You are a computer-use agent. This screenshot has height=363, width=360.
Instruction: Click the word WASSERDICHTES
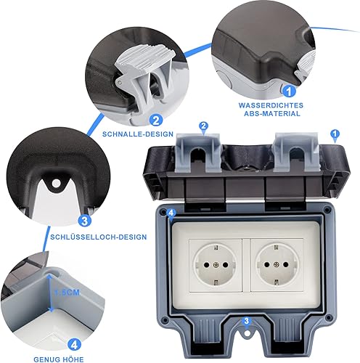(x=271, y=105)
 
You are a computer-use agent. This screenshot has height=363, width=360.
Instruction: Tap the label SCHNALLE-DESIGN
(x=138, y=134)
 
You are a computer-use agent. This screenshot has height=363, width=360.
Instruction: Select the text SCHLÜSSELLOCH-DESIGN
(x=99, y=237)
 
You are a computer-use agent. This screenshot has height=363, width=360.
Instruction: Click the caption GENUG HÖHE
(x=59, y=359)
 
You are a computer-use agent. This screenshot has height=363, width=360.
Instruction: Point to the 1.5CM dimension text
(x=67, y=293)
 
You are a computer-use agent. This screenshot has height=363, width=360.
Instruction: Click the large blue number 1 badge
(x=289, y=91)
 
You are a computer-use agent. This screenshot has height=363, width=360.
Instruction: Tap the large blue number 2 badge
(x=156, y=120)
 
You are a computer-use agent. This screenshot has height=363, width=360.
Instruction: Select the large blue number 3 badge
(x=85, y=221)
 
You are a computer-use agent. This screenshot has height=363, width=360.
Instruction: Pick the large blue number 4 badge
(x=74, y=344)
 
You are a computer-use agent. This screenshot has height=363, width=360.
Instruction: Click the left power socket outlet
(x=215, y=265)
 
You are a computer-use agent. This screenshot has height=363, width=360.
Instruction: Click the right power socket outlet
(x=276, y=265)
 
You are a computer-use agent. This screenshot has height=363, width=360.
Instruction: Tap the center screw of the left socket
(x=215, y=265)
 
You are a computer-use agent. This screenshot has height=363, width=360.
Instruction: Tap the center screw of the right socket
(x=276, y=265)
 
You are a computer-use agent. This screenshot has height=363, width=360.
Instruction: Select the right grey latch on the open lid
(x=296, y=152)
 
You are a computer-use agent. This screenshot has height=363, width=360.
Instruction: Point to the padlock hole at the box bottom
(x=247, y=333)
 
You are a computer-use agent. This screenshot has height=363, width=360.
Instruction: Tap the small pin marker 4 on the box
(x=171, y=214)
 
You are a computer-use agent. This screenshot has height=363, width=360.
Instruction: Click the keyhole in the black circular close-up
(x=56, y=183)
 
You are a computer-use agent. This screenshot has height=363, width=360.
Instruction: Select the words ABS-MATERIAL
(x=272, y=114)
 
